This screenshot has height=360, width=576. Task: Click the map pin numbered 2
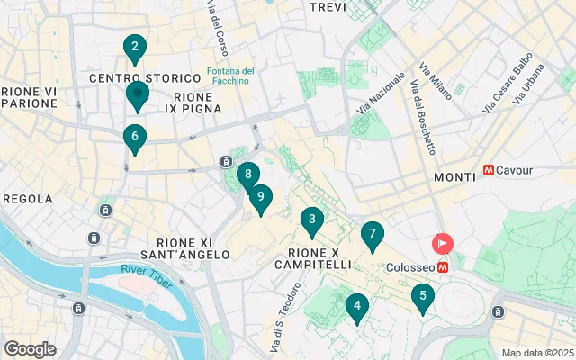134,48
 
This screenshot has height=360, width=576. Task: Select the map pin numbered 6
134,138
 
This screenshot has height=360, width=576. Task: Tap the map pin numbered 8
247,175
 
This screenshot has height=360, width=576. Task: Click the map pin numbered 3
311,220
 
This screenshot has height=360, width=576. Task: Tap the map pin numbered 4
357,307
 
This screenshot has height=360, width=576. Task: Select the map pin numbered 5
422,296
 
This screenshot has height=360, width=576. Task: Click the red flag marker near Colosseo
444,244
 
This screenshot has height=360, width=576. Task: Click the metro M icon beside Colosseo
444,267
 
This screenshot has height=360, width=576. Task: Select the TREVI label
328,7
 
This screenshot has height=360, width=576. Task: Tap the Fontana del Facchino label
231,76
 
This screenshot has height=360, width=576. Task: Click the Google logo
30,349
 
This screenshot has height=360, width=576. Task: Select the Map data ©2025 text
537,353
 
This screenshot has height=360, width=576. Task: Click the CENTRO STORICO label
130,79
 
